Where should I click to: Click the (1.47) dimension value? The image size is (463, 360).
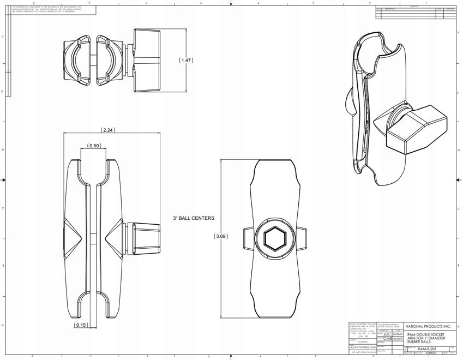click(187, 61)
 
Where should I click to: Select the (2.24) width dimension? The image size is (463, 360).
click(107, 130)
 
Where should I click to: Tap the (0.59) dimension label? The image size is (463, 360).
click(94, 146)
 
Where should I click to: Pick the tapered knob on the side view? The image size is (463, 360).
click(143, 237)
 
